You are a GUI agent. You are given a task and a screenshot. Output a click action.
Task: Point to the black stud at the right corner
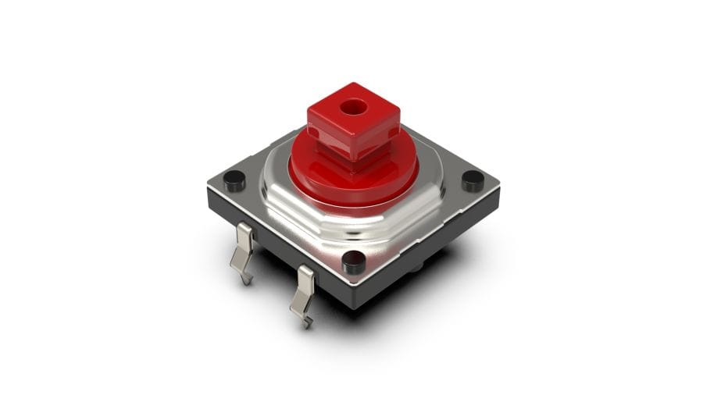[x=473, y=180]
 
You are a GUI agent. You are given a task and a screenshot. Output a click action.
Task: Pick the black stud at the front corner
[x=354, y=262]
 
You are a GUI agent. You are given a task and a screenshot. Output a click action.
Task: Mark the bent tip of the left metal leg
[x=245, y=276]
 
